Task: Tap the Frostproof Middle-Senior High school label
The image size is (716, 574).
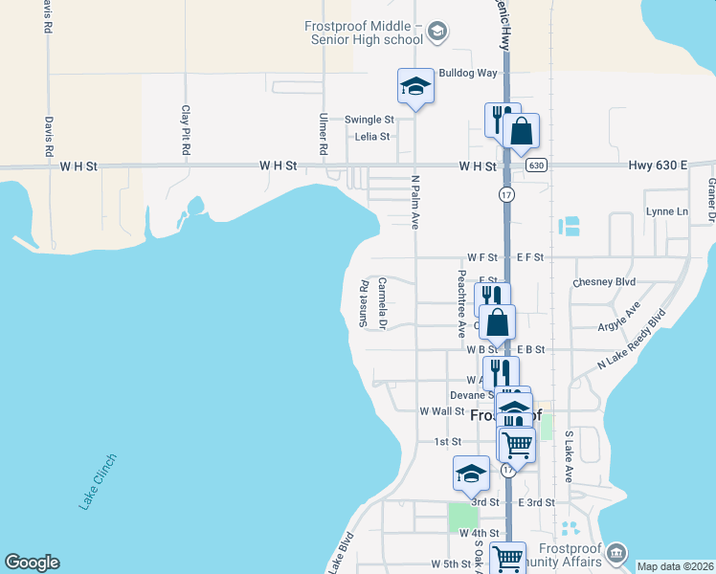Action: [x=365, y=33]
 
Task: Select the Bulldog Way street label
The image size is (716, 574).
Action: [x=468, y=73]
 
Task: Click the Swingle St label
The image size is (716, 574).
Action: [x=369, y=120]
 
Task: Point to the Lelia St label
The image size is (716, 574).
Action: [x=372, y=136]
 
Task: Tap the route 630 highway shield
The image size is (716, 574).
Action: [x=536, y=165]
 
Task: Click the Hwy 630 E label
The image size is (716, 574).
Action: [x=659, y=166]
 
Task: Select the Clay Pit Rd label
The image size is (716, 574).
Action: [x=186, y=130]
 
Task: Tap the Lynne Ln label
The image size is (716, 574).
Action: [x=667, y=211]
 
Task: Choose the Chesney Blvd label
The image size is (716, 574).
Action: [x=603, y=282]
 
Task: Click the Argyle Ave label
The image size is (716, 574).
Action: [x=619, y=317]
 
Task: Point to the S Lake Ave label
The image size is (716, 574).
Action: [x=568, y=456]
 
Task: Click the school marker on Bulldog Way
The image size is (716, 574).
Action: [x=415, y=87]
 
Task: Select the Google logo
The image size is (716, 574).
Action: [x=32, y=563]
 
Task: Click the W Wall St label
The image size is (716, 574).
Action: [x=441, y=410]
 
